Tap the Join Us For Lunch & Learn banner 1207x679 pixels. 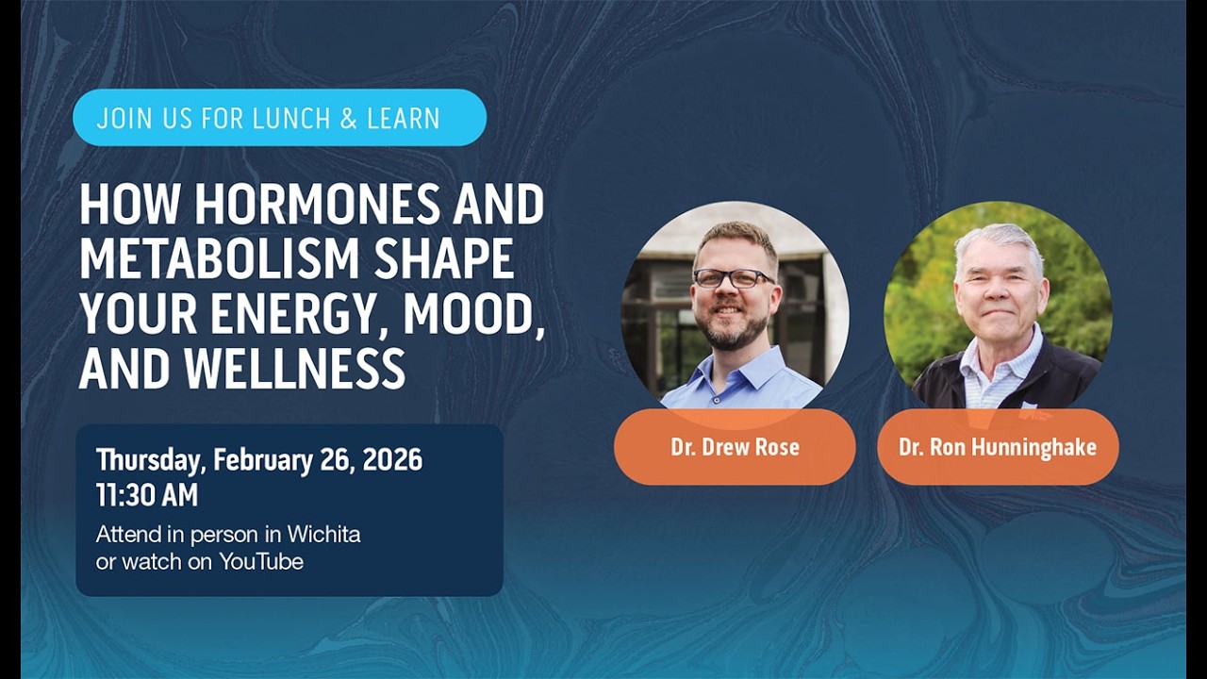[279, 118]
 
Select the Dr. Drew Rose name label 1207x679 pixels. [735, 447]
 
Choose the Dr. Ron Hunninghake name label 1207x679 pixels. [997, 447]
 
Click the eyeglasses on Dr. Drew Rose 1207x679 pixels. [733, 278]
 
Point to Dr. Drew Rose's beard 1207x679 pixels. [735, 330]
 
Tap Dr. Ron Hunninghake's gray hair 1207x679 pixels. [998, 240]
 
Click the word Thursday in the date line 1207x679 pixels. [150, 460]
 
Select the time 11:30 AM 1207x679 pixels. [146, 495]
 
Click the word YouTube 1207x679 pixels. [261, 562]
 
